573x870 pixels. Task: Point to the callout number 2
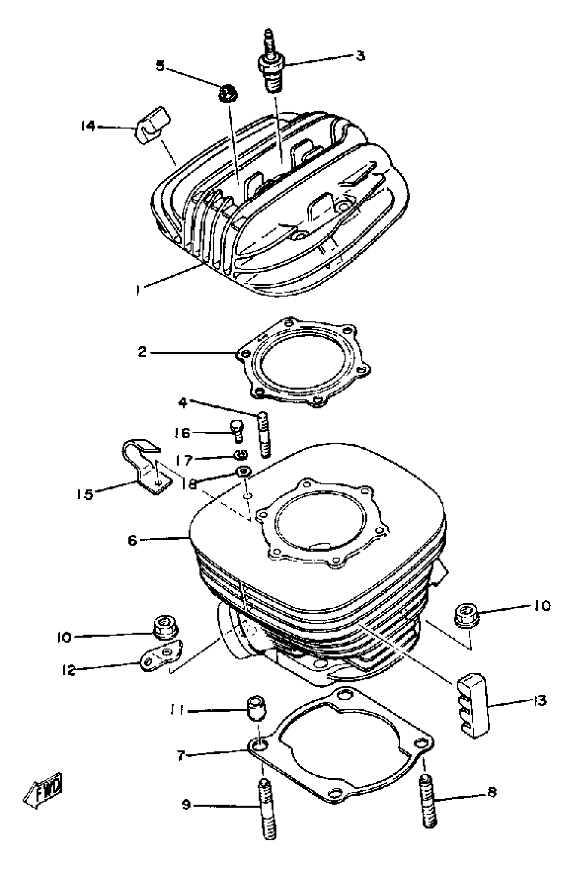tap(142, 352)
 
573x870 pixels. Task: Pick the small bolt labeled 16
tap(236, 431)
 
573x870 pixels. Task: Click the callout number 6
tap(132, 540)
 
